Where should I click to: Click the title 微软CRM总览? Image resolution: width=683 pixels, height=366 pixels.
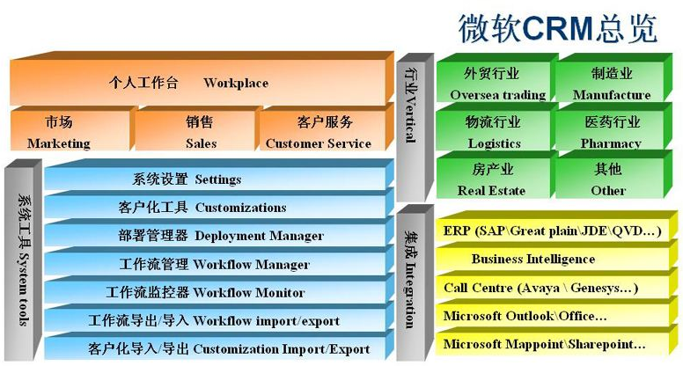coord(557,29)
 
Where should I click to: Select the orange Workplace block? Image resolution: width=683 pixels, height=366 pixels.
coord(202,79)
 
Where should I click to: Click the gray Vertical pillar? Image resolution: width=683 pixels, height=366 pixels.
coord(415,127)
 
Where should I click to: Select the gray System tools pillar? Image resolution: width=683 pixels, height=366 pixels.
coord(23,260)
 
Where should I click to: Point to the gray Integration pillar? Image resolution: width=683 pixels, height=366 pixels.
coord(415,283)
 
